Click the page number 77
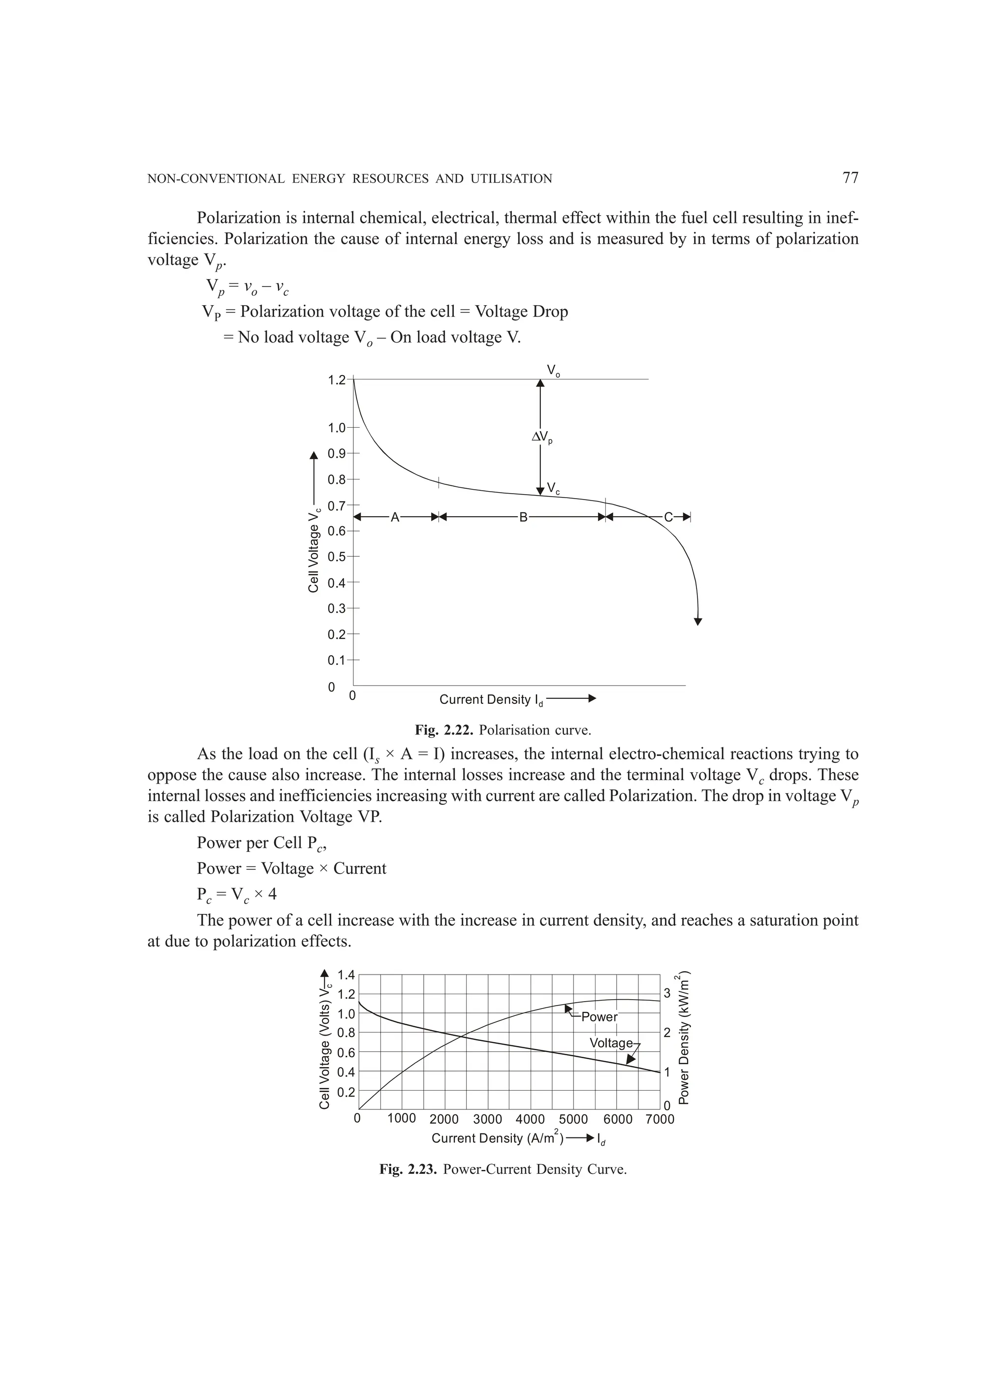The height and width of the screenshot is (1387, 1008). (x=850, y=178)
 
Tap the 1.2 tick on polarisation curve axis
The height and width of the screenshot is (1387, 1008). (x=336, y=380)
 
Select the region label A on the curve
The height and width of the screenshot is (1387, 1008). (x=395, y=518)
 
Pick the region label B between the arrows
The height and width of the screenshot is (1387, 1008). (x=523, y=518)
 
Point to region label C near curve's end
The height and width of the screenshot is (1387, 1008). (x=668, y=518)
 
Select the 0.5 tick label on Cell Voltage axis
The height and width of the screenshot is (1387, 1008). (x=336, y=557)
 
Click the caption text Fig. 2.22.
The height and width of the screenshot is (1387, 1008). (x=444, y=730)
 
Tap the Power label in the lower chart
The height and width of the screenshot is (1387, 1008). (x=599, y=1017)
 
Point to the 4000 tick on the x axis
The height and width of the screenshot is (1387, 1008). (x=530, y=1120)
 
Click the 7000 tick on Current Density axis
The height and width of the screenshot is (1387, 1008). (x=660, y=1120)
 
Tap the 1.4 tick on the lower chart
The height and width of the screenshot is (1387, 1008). (x=346, y=975)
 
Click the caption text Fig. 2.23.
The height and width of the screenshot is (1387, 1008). (x=408, y=1170)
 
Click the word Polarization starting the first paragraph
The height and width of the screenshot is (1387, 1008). (x=237, y=218)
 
